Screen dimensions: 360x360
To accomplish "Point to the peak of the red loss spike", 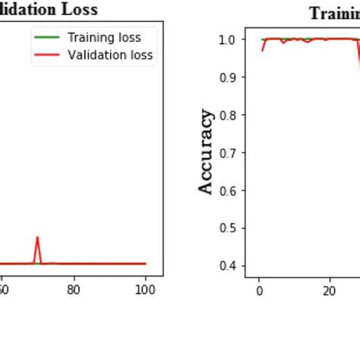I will pos(37,237).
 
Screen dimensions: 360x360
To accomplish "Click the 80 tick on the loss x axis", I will pos(74,289).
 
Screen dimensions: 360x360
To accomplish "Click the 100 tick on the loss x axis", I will pos(145,289).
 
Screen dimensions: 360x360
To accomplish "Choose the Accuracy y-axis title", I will pos(206,151).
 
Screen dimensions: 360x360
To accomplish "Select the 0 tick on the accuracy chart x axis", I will pos(259,289).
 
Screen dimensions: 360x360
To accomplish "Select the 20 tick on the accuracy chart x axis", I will pos(330,289).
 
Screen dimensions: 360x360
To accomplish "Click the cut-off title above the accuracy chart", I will pos(333,13).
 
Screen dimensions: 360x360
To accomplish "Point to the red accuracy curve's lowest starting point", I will pos(261,50).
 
